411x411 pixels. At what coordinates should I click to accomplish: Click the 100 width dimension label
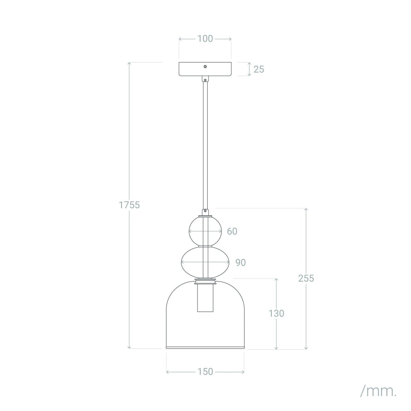tap(205, 39)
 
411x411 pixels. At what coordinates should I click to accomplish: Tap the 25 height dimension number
tap(259, 69)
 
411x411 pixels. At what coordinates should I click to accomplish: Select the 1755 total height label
tap(129, 205)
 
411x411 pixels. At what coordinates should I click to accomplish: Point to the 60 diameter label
tap(232, 231)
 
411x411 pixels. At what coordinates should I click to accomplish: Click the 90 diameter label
tap(241, 263)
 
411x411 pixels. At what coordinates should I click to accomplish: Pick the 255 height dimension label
tap(306, 278)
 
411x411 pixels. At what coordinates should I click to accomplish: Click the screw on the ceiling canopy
tap(205, 67)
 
